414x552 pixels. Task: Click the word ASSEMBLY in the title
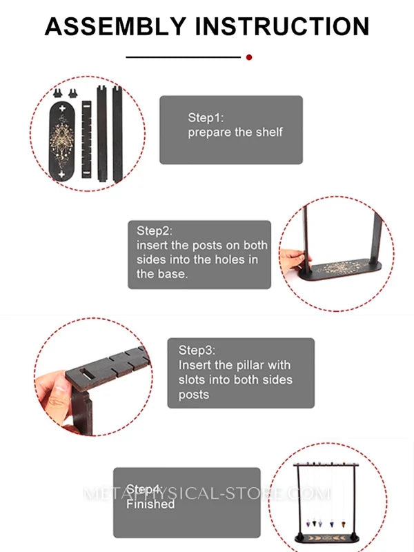(115, 26)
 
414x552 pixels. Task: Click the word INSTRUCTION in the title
(282, 26)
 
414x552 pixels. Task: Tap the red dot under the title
(249, 57)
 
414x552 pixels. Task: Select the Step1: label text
(206, 117)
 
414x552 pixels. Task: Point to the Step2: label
(155, 231)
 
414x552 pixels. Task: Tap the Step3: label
(197, 351)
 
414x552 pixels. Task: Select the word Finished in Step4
(150, 504)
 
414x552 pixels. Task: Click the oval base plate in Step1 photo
(62, 141)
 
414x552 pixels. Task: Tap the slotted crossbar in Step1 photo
(87, 139)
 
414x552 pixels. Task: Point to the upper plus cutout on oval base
(62, 108)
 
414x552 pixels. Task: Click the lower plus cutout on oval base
(61, 174)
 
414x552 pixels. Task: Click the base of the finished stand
(327, 538)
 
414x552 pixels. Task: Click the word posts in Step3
(194, 395)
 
